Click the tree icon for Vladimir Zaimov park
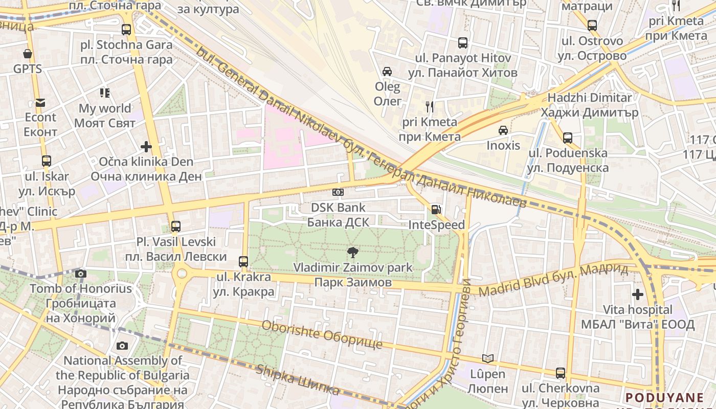coord(352,252)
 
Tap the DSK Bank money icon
coord(338,192)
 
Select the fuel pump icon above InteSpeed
coord(436,209)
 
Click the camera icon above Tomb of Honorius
coord(80,274)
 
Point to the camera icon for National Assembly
coord(122,346)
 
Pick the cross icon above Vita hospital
coord(637,294)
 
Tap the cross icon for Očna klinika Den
coord(146,147)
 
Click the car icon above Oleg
coord(387,71)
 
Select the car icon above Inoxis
coord(503,130)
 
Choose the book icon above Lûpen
coord(488,358)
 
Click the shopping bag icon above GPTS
coord(28,53)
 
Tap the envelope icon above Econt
coord(40,103)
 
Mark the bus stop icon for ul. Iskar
coord(47,161)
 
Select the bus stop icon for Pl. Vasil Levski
coord(176,226)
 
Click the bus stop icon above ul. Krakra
coord(243,261)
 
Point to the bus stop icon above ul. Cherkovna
coord(561,373)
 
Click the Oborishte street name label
coord(322,335)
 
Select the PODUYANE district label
coord(664,398)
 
